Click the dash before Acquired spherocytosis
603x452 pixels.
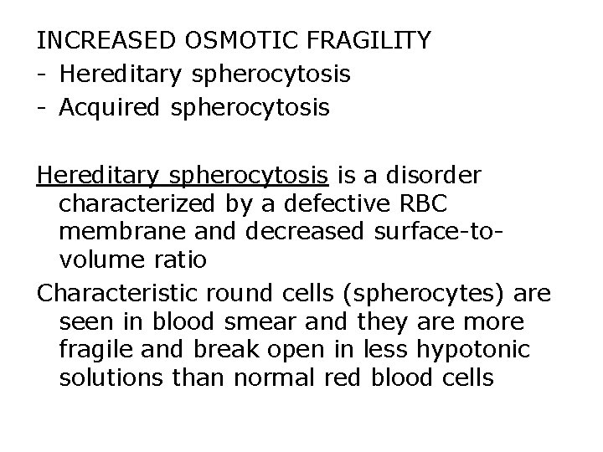coord(41,108)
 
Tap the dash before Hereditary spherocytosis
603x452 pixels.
coord(41,74)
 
